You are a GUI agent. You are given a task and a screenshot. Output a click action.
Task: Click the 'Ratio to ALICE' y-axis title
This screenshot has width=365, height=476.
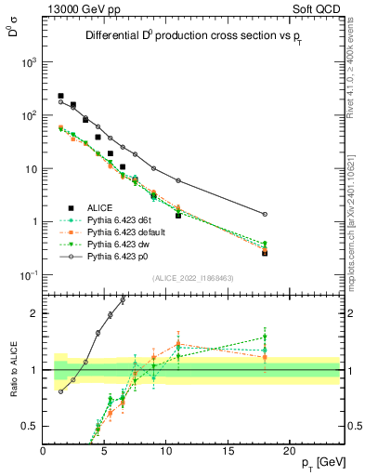14,370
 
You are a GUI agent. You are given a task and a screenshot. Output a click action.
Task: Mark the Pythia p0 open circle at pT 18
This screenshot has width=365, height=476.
266,214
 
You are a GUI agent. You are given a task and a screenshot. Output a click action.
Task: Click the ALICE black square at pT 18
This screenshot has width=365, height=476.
266,252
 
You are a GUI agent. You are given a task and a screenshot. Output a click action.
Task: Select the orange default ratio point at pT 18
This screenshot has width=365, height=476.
266,357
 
